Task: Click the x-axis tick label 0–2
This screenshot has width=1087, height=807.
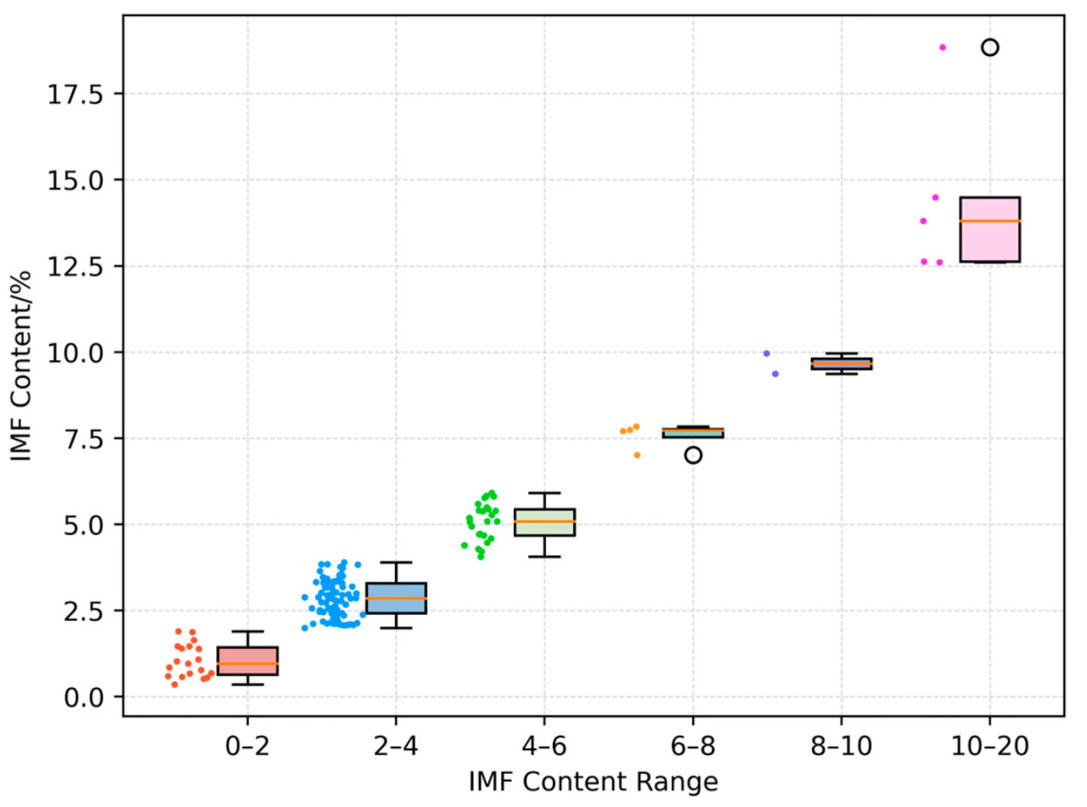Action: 247,746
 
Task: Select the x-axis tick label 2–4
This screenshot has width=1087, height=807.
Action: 396,746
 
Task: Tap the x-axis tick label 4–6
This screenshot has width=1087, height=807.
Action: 544,746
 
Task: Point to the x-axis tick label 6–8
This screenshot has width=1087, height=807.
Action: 693,746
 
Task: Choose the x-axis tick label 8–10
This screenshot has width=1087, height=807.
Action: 842,746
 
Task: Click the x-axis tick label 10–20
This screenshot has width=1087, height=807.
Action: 990,746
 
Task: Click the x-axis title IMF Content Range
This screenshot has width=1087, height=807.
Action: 594,781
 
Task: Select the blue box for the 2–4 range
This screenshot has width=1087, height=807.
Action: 396,598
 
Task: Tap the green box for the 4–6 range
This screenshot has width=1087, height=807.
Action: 544,522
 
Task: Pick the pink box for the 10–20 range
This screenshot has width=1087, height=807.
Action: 990,229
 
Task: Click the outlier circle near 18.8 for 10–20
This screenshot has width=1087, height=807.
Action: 990,48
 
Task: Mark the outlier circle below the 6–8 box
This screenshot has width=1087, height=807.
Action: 693,454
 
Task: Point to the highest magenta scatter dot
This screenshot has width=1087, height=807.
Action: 943,48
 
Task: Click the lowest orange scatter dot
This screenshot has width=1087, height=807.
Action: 637,454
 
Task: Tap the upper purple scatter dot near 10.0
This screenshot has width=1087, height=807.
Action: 766,353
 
